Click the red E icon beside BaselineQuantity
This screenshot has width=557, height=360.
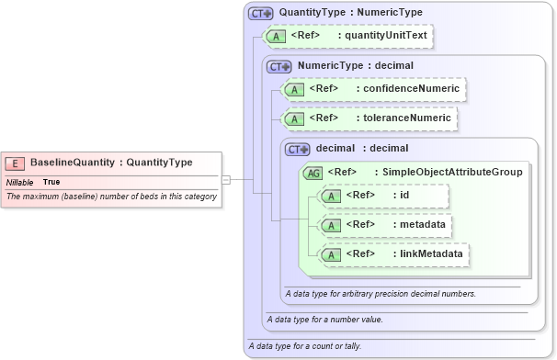[x=16, y=163]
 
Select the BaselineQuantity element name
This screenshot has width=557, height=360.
[x=72, y=163]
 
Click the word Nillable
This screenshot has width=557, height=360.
[x=20, y=182]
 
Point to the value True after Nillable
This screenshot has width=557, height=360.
[x=51, y=182]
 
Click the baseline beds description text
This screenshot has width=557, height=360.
[x=111, y=197]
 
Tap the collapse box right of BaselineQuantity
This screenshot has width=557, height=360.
[x=226, y=180]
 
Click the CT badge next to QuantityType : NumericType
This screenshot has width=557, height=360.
[x=262, y=14]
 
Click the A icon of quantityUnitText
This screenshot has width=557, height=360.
[x=275, y=37]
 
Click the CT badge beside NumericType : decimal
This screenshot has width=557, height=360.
[x=278, y=66]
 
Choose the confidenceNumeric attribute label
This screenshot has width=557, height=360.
[x=409, y=89]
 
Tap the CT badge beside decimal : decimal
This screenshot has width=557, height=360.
[x=298, y=148]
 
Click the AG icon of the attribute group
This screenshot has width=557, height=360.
[x=313, y=172]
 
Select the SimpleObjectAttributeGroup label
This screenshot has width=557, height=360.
[x=451, y=172]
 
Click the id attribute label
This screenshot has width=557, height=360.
[x=404, y=195]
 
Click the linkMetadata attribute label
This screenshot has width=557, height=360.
[x=430, y=253]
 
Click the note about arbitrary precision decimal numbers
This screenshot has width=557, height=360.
[x=380, y=294]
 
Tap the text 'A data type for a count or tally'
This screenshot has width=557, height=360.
[x=304, y=346]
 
